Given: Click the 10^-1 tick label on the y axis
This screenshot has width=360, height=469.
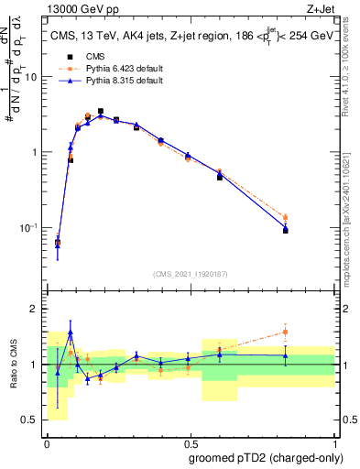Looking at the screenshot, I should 31,227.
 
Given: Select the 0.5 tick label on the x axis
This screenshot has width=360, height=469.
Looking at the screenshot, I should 191,443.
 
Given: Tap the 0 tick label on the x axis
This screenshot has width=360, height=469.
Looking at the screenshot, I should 47,443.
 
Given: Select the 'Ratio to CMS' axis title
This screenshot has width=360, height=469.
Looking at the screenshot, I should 13,365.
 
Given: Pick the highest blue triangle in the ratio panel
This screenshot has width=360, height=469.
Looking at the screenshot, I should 71,333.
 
